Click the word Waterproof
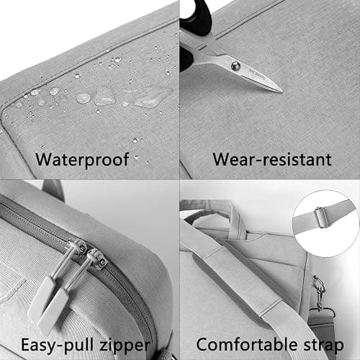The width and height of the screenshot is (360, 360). (x=82, y=160)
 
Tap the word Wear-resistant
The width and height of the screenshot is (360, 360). (x=272, y=159)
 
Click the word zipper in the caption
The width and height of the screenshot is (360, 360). (x=125, y=346)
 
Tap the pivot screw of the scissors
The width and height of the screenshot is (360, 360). (x=235, y=66)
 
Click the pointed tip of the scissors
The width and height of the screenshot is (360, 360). (x=282, y=91)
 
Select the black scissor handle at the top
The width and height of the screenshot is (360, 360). (x=197, y=17)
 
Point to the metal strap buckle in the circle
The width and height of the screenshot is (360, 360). (x=322, y=217)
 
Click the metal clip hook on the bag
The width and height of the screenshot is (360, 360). (x=318, y=293)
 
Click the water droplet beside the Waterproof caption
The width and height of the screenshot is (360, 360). (x=136, y=158)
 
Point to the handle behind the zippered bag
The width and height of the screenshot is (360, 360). (x=53, y=189)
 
